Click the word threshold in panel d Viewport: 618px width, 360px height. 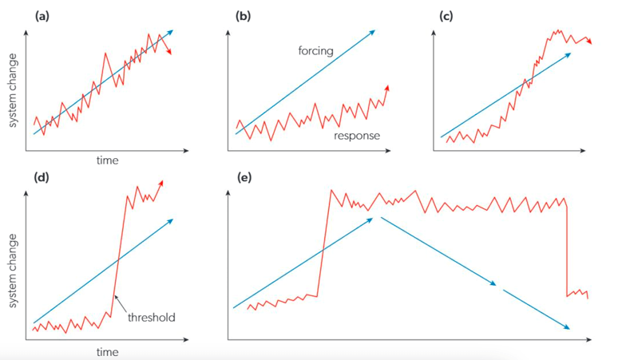151,317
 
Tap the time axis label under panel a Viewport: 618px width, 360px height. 107,160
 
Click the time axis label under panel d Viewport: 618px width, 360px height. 107,351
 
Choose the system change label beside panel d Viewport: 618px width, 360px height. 14,263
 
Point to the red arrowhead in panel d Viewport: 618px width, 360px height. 161,183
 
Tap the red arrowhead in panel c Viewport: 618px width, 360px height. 589,43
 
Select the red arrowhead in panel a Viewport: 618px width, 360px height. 168,52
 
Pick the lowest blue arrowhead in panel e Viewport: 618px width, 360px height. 568,327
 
